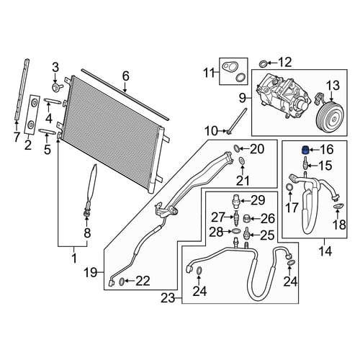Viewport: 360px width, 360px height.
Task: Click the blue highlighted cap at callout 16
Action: (305, 150)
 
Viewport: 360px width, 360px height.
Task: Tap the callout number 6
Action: (125, 76)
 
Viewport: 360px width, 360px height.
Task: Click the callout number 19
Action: (90, 272)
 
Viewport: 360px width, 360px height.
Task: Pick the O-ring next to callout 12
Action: (263, 64)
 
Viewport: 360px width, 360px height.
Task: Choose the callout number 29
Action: (258, 200)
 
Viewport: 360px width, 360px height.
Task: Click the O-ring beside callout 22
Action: (122, 282)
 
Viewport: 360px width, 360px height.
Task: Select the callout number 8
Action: (87, 233)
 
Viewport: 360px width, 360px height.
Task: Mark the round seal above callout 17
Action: (290, 187)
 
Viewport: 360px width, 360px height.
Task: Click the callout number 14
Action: (325, 251)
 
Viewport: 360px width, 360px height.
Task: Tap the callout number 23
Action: (168, 298)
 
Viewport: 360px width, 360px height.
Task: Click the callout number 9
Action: (243, 98)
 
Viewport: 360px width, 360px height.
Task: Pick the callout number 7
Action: (17, 138)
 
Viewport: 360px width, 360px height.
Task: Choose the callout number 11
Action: (210, 73)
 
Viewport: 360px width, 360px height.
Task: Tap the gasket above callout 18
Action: (339, 206)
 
